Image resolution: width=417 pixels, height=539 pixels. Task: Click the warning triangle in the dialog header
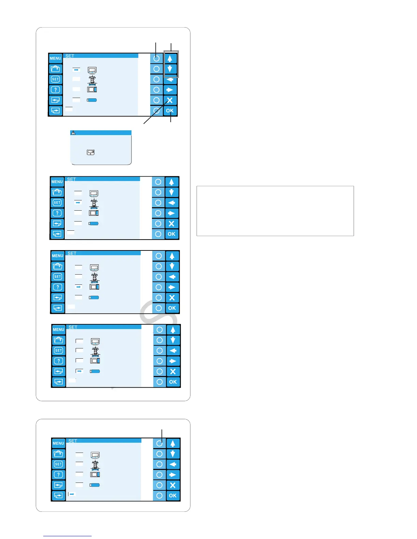[73, 133]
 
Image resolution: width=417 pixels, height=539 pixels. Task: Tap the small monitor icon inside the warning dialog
[91, 152]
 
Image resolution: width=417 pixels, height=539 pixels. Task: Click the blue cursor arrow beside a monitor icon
[76, 70]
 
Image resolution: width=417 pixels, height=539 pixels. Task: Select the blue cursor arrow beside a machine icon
[78, 202]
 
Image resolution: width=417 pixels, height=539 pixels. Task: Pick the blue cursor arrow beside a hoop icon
[79, 287]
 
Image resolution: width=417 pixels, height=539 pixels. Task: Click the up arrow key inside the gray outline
[170, 58]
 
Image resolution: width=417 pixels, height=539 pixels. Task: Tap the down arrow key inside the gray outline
[170, 69]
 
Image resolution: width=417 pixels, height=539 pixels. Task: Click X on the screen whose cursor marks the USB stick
[173, 372]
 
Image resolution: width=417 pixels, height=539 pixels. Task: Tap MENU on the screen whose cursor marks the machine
[57, 182]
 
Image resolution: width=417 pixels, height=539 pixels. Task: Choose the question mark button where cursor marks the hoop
[58, 287]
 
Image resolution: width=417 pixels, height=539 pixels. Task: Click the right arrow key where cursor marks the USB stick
[173, 361]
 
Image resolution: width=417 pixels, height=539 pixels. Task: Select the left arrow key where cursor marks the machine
[171, 203]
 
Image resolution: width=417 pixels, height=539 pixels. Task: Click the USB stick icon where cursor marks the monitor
[92, 100]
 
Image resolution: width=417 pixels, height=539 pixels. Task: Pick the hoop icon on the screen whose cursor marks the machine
[94, 213]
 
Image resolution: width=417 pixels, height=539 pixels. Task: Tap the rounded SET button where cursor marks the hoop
[58, 277]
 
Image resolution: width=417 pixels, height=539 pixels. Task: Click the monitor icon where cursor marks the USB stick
[95, 341]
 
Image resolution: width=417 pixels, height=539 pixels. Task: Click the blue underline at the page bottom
[67, 536]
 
